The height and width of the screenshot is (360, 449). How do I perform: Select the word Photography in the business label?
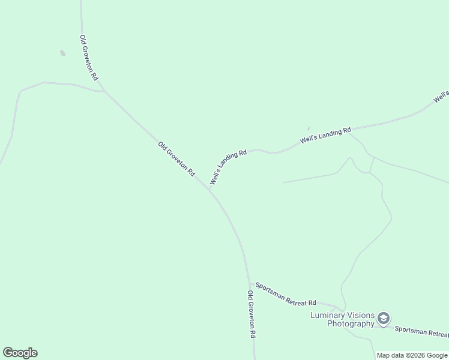[351, 324]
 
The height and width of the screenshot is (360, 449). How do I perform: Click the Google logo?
[20, 353]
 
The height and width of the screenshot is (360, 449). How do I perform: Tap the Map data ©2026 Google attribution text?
[412, 355]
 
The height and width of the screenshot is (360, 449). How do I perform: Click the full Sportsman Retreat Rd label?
[286, 294]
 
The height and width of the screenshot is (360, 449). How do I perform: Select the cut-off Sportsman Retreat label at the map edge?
[421, 332]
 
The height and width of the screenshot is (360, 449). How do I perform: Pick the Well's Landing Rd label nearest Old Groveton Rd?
[228, 167]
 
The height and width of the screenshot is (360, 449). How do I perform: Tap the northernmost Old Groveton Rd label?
[89, 58]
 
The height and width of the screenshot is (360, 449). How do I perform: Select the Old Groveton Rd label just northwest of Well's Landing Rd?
[176, 158]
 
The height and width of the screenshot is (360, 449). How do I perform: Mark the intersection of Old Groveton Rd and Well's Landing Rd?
[209, 189]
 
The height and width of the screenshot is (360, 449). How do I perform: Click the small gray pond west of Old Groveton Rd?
[62, 53]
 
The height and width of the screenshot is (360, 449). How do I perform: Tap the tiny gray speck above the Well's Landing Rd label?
[309, 128]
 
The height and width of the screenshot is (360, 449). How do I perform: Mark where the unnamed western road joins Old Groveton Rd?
[104, 91]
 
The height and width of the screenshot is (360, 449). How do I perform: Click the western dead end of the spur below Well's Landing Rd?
[283, 182]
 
